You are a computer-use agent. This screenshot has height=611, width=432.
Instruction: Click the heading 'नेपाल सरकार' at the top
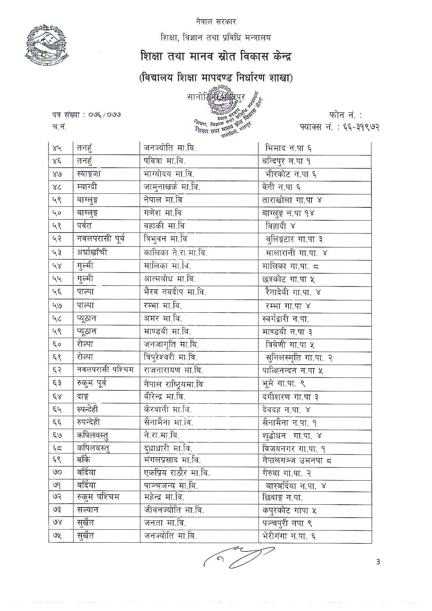(216, 22)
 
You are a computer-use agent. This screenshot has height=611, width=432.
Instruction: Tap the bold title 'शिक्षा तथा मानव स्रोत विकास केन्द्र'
(216, 56)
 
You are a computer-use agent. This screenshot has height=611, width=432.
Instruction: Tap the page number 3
(378, 562)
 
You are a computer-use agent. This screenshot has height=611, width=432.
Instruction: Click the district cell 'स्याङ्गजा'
(89, 174)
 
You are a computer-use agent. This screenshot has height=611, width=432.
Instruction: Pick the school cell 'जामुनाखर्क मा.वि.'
(172, 187)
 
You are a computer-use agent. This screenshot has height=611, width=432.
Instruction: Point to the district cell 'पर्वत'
(84, 226)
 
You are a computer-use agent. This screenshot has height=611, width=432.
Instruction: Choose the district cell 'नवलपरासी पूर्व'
(101, 239)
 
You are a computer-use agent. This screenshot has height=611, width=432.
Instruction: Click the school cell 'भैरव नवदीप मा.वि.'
(175, 292)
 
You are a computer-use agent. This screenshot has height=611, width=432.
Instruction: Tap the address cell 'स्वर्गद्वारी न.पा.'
(285, 318)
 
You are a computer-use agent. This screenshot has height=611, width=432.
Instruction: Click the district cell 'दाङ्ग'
(83, 397)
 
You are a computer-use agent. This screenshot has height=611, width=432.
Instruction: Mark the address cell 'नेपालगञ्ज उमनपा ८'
(297, 460)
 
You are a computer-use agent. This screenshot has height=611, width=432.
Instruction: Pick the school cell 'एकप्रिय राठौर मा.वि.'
(177, 473)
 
